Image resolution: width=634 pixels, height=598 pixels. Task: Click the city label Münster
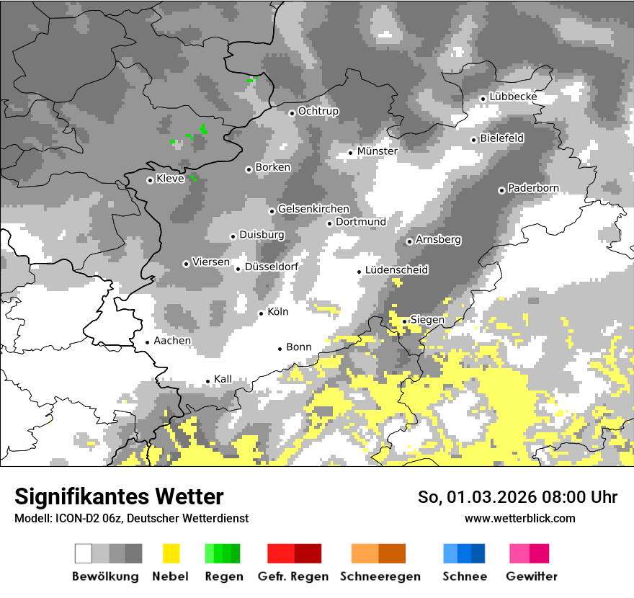[377, 151]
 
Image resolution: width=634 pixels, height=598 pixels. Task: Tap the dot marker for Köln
[262, 313]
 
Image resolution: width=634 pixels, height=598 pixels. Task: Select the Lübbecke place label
[513, 97]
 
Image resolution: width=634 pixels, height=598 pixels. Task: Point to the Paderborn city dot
[501, 190]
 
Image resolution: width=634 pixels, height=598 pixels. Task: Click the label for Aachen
[172, 341]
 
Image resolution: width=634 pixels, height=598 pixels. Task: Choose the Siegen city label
[427, 320]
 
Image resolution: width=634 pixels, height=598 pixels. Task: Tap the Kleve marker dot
[150, 180]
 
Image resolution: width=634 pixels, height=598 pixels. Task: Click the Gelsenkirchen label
[313, 209]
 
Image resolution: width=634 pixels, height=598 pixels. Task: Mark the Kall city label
[223, 379]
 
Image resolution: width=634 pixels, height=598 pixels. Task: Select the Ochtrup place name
[318, 111]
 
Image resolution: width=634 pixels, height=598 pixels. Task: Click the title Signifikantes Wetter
[119, 496]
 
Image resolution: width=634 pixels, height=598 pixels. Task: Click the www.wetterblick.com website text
[519, 518]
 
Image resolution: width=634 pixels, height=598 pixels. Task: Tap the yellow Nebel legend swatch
[171, 553]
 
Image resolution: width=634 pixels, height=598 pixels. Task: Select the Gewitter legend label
[532, 576]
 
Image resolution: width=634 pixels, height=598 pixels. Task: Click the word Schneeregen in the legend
[380, 576]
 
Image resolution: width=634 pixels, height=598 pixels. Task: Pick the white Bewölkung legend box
[83, 553]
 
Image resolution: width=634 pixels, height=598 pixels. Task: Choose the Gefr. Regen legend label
[293, 576]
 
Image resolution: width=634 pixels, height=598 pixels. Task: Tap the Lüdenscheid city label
[396, 270]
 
